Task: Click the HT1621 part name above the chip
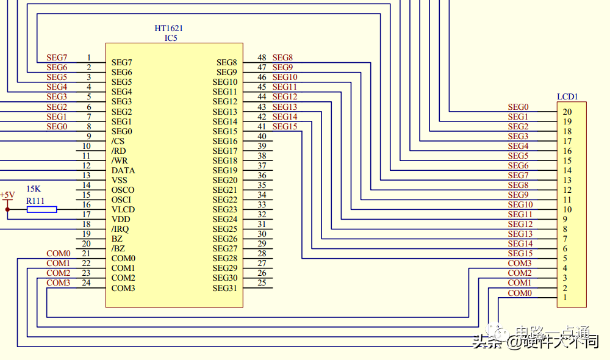(169, 28)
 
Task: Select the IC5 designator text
(171, 38)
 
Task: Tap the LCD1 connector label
(567, 96)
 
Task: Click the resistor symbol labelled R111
(41, 209)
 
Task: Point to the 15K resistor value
(34, 189)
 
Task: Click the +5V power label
(7, 195)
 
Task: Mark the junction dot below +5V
(7, 209)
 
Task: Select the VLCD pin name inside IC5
(123, 209)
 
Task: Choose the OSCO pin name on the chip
(123, 190)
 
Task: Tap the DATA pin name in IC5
(123, 170)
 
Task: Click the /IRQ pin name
(120, 229)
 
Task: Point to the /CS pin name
(118, 141)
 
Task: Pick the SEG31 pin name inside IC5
(224, 288)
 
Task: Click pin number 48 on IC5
(262, 58)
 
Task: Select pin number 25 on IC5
(262, 283)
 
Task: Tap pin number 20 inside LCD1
(567, 112)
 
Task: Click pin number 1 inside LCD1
(565, 297)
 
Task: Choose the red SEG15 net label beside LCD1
(520, 253)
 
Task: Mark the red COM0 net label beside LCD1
(520, 293)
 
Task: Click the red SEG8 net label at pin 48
(282, 58)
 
